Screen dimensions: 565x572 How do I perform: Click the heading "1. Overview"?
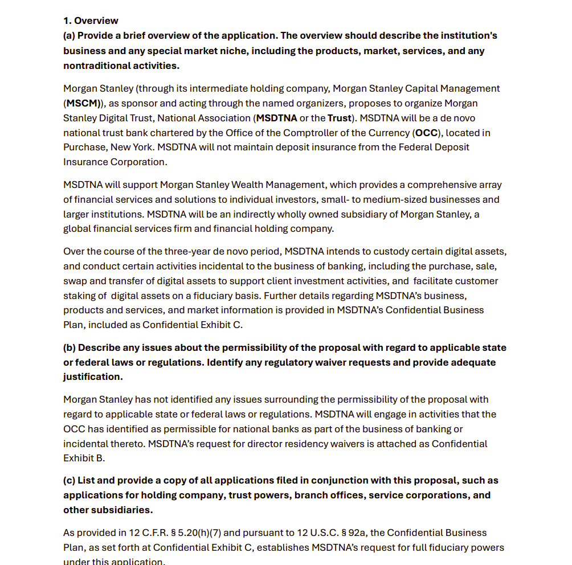91,21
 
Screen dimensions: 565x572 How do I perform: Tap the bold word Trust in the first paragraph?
340,118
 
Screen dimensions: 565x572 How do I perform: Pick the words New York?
130,147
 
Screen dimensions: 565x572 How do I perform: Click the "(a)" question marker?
69,36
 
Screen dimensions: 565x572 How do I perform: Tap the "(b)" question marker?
69,348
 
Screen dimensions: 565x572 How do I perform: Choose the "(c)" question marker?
69,481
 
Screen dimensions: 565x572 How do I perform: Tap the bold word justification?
93,377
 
